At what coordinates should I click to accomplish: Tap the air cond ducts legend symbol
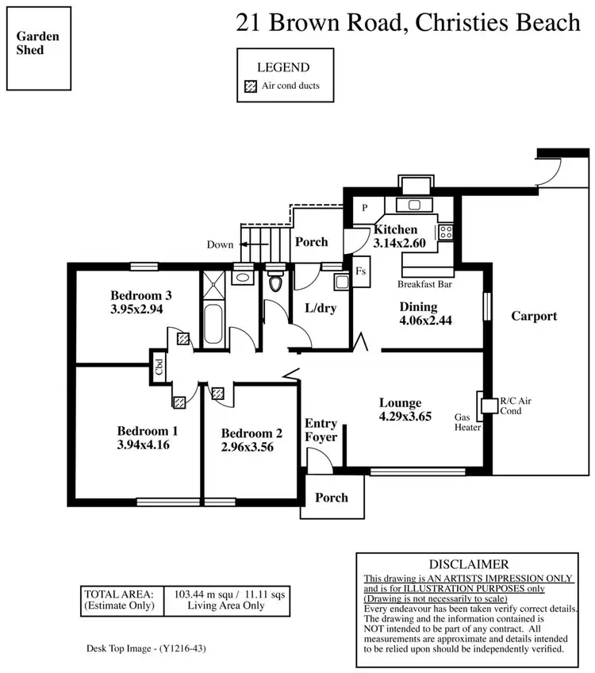pyautogui.click(x=251, y=87)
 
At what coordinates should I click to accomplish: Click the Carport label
pyautogui.click(x=533, y=316)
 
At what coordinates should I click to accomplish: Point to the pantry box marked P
pyautogui.click(x=365, y=208)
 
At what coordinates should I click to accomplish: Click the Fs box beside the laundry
pyautogui.click(x=360, y=271)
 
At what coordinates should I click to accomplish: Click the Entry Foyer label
pyautogui.click(x=321, y=430)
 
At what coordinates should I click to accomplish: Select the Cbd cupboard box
pyautogui.click(x=159, y=367)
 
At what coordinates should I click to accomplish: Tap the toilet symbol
pyautogui.click(x=276, y=283)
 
